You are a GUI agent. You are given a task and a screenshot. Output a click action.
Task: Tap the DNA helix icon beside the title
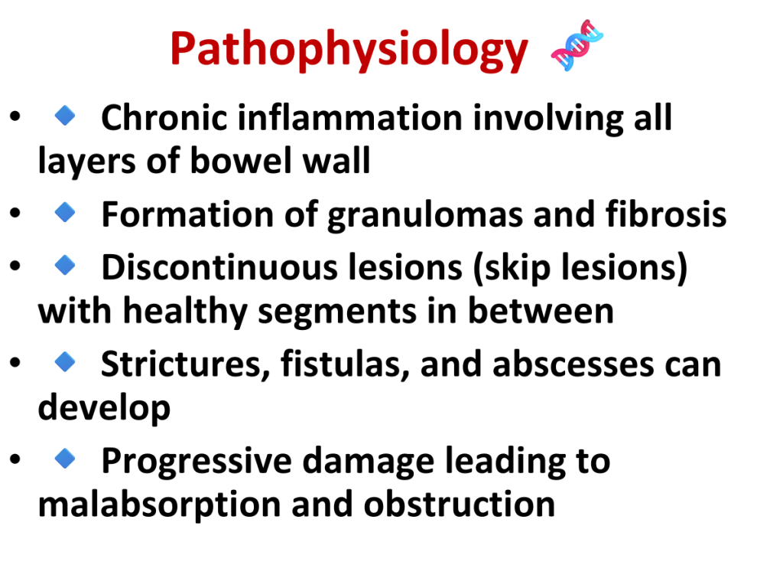click(x=577, y=45)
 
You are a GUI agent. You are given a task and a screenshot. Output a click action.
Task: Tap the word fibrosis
click(x=666, y=214)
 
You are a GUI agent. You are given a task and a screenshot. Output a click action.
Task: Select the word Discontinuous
click(x=219, y=267)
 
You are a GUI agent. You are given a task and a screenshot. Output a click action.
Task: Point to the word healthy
click(x=185, y=312)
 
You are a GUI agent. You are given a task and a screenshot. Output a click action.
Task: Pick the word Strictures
click(x=181, y=364)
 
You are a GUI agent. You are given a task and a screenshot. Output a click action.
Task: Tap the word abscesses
click(x=573, y=365)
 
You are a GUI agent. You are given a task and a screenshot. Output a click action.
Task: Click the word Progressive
click(x=197, y=461)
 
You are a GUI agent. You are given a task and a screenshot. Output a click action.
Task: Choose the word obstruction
click(x=460, y=504)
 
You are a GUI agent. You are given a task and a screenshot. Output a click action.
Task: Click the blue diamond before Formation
click(x=65, y=212)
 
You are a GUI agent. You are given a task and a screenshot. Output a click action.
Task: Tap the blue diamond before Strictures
click(x=65, y=361)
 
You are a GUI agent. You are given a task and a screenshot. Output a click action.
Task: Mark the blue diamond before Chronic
click(x=65, y=116)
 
